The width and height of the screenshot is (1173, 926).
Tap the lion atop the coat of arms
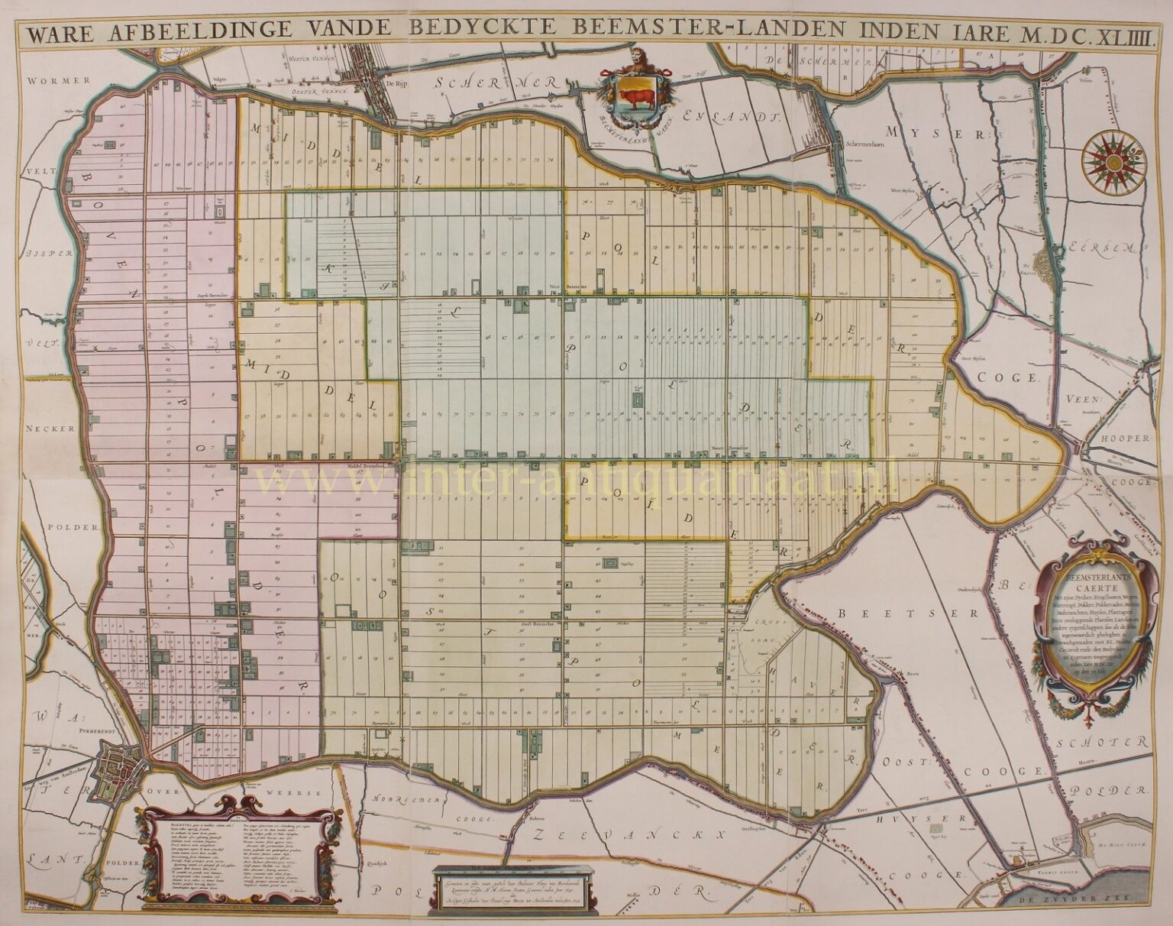click(638, 61)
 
